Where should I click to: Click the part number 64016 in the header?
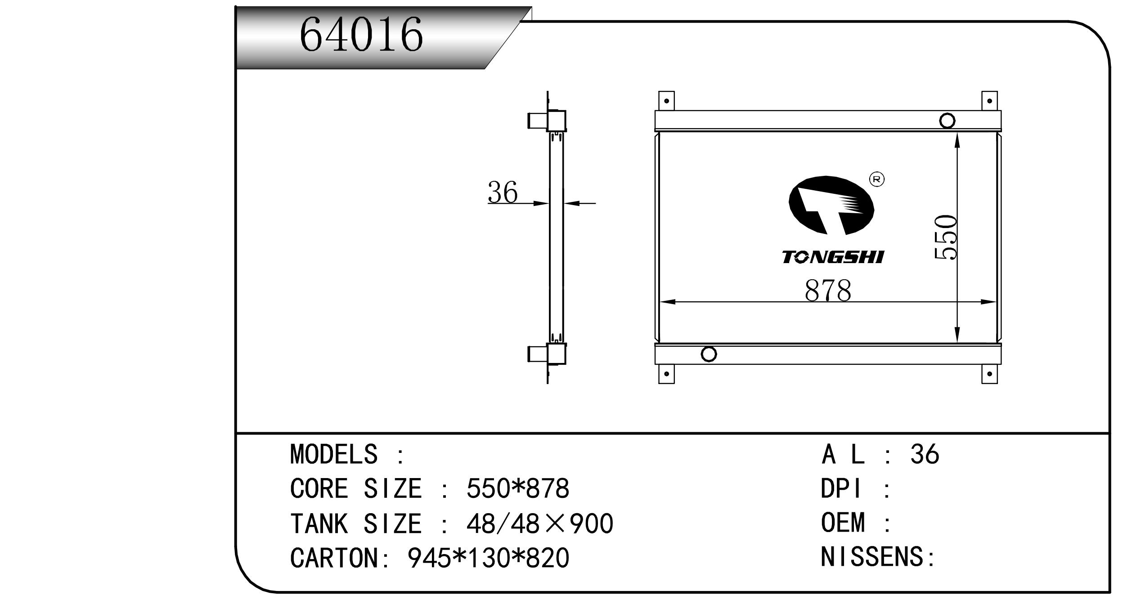[361, 35]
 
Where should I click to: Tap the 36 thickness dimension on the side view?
[503, 192]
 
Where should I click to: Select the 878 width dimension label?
[827, 291]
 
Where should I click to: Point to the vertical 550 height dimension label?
[945, 237]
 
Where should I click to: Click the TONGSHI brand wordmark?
[832, 257]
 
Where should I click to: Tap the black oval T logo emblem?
[831, 206]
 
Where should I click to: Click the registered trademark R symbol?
[877, 179]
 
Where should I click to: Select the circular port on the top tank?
[947, 121]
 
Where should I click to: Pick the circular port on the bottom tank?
[709, 354]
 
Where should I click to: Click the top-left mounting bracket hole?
[666, 101]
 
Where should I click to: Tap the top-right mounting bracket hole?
[989, 101]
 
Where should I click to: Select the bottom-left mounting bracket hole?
[666, 374]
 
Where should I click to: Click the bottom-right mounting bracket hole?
[989, 374]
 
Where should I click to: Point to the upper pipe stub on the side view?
[537, 121]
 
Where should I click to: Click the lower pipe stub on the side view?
[537, 354]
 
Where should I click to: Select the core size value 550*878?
[517, 488]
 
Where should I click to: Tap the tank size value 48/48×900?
[539, 524]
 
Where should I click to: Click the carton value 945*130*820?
[488, 558]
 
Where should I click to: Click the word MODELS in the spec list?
[333, 454]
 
